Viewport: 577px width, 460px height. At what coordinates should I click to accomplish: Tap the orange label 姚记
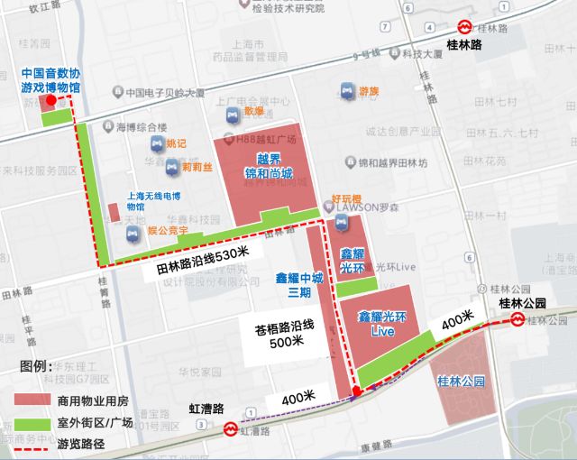coord(177,143)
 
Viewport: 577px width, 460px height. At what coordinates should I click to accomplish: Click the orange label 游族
coord(369,91)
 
